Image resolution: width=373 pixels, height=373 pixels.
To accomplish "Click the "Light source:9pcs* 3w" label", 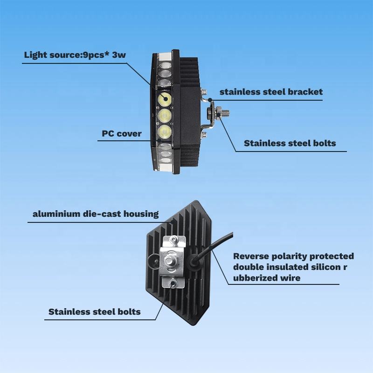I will pos(75,55).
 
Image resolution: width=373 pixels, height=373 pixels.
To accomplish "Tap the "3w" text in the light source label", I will pos(118,55).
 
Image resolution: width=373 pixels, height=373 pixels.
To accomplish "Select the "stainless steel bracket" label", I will pos(271,92).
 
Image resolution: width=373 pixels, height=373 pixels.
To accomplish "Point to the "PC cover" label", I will pos(122,134).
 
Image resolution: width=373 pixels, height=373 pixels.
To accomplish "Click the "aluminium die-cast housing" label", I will pos(96,214).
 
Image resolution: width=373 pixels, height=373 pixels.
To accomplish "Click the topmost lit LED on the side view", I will pos(165,99).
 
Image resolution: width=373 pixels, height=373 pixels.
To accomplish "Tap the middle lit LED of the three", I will pos(165,115).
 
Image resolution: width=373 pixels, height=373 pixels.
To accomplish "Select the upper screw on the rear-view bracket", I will pos(173,240).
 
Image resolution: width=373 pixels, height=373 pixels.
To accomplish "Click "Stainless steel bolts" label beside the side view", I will pos(290,143).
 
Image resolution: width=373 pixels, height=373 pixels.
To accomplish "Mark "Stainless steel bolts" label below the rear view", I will pos(94,311).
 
